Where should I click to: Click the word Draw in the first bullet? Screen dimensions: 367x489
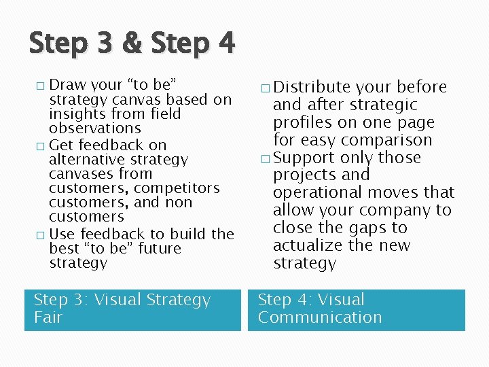tap(67, 85)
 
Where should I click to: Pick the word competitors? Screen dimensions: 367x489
tap(177, 188)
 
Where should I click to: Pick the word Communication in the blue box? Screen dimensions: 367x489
tap(320, 317)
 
